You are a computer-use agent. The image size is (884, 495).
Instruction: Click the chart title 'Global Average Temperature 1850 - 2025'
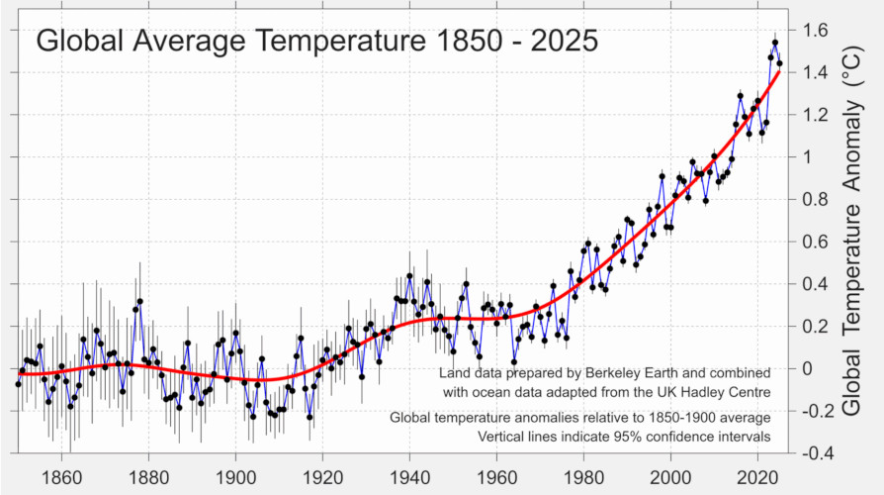coord(316,42)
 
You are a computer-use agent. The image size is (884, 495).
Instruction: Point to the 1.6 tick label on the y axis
coord(813,31)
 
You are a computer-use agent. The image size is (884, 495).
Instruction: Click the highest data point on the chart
coord(775,43)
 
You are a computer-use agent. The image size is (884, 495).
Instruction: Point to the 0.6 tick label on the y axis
coord(813,243)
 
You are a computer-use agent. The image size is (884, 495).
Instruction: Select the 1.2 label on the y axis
coord(813,116)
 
